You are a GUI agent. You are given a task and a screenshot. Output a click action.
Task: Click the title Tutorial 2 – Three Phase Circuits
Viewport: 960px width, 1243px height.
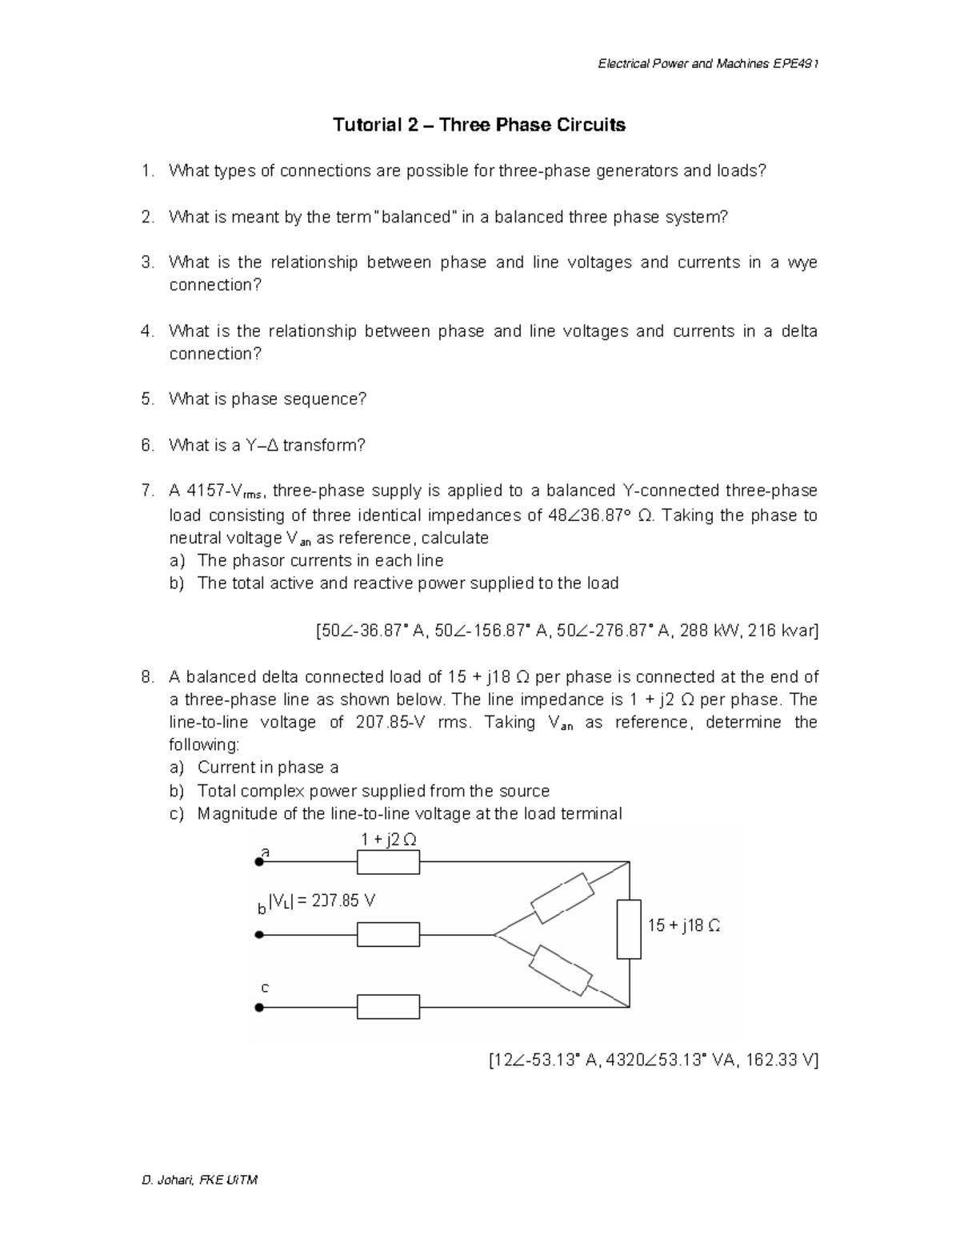coord(479,125)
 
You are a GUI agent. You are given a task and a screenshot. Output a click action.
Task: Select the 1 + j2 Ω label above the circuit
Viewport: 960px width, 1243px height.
coord(388,840)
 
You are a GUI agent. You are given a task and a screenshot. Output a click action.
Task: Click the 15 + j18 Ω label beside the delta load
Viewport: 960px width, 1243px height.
coord(684,925)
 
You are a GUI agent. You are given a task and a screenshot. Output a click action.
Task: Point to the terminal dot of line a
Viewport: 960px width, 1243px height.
coord(259,862)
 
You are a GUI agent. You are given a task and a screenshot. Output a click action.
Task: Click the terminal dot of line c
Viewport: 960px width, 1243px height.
coord(259,1008)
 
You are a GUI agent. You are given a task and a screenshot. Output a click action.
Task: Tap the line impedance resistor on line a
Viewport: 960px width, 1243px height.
coord(388,862)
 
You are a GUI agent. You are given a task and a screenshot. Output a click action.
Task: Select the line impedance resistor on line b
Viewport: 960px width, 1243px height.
coord(388,934)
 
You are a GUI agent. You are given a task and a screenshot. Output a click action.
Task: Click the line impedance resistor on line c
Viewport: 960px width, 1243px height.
coord(388,1007)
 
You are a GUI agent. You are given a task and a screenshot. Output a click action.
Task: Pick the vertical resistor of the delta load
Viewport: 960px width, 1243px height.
coord(629,929)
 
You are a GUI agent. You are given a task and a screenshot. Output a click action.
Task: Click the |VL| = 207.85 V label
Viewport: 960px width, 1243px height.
coord(322,901)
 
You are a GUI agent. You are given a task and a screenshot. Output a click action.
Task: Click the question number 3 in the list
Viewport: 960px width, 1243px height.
coord(146,263)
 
